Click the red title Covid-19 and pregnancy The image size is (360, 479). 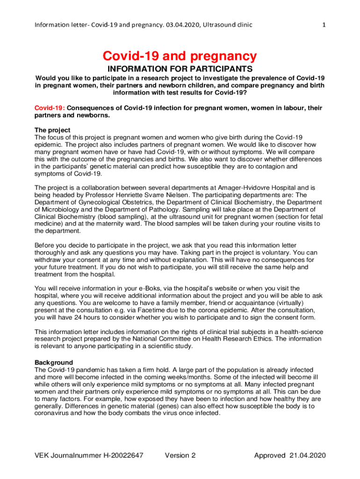click(x=180, y=57)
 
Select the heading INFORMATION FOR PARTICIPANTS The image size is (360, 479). click(x=180, y=69)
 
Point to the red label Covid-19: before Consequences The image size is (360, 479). click(x=50, y=108)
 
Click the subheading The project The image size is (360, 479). click(x=52, y=130)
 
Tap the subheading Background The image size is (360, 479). click(x=54, y=363)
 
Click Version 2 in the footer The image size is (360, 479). click(x=180, y=456)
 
